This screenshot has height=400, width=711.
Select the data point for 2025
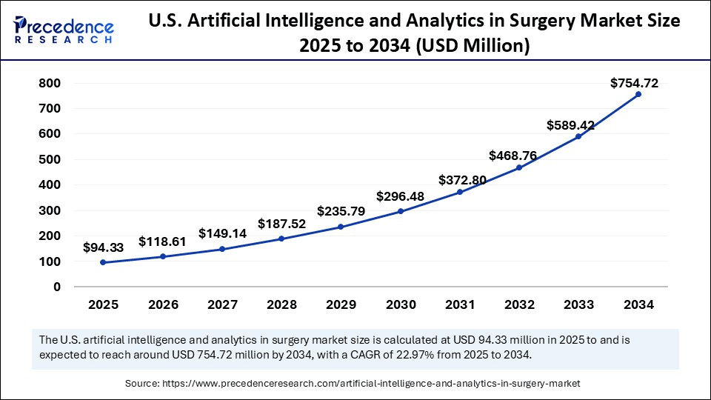point(103,262)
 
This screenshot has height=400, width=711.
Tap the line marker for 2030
point(401,211)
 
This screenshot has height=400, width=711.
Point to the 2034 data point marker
point(638,94)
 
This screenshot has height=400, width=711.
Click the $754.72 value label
point(634,83)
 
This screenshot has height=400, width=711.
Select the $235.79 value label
point(341,211)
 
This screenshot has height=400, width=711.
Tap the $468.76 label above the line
point(513,156)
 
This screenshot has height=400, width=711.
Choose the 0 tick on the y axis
point(56,287)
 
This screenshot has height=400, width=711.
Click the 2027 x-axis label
point(222,304)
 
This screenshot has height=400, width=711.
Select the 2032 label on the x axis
point(519,304)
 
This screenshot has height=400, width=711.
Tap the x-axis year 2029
point(341,304)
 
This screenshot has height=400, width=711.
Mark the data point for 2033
point(579,136)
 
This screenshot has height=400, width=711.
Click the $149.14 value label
point(222,233)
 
